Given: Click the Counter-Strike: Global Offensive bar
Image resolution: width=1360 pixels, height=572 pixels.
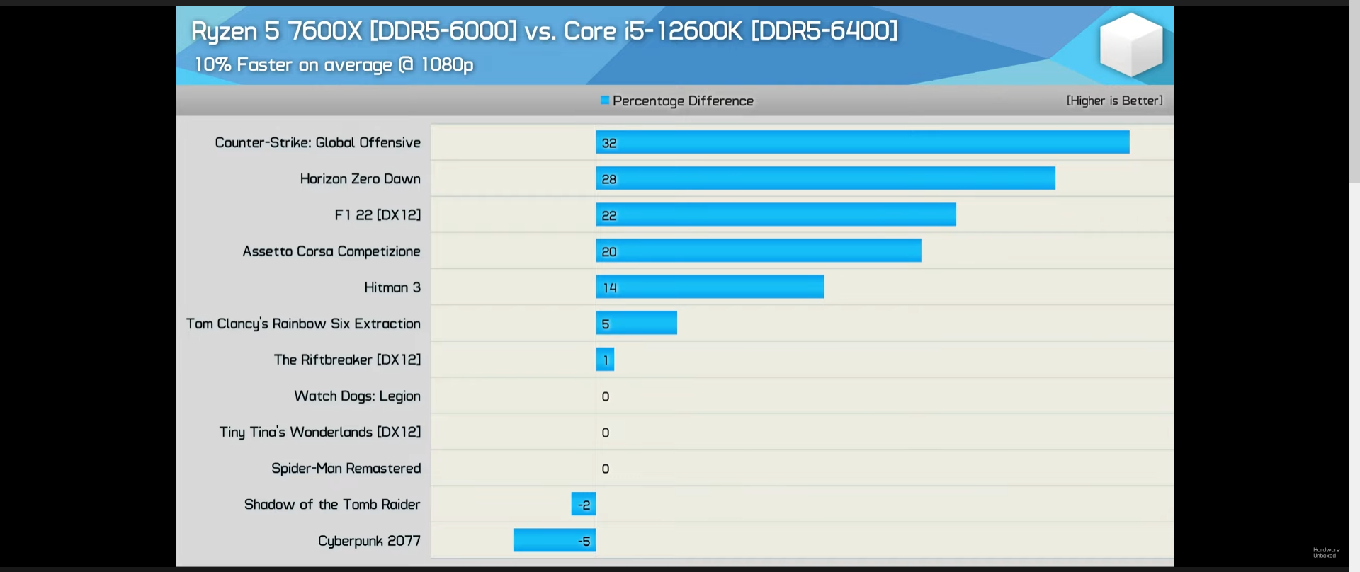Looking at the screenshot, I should (x=862, y=142).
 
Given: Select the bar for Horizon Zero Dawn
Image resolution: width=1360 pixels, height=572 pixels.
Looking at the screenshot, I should (x=825, y=178).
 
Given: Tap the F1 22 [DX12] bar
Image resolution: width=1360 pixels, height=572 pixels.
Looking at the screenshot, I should (x=776, y=214).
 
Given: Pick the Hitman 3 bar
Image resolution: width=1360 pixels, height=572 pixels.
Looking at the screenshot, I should (x=710, y=287).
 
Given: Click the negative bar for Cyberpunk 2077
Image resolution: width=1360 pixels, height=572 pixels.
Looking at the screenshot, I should (x=554, y=540).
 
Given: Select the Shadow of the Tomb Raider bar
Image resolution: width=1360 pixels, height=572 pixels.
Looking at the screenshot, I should (x=583, y=504).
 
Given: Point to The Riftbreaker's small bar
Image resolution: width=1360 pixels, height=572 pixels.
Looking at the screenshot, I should (x=605, y=360).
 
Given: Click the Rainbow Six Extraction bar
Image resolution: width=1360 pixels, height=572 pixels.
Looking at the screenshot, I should (x=636, y=323).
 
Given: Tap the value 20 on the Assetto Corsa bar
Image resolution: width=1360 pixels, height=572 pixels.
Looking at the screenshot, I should (x=609, y=251).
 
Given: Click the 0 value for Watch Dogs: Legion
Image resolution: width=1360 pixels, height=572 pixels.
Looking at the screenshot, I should (x=606, y=396).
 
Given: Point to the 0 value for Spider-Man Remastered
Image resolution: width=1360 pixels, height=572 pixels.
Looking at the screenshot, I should (x=606, y=469).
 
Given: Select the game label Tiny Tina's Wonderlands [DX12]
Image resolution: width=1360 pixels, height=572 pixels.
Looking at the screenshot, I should (x=319, y=432).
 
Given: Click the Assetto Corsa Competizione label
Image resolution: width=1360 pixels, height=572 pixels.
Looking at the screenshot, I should (x=331, y=251).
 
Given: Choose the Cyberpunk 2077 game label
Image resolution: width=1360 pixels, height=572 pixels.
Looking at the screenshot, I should (x=369, y=541).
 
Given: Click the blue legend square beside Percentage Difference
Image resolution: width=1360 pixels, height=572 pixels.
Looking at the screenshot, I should (x=605, y=101).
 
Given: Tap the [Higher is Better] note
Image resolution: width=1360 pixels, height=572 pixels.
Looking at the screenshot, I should (x=1114, y=101).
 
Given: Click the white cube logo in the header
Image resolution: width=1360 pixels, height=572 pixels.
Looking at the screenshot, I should (x=1130, y=44).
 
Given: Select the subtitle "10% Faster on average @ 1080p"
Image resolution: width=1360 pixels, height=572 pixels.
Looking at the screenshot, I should (x=334, y=64).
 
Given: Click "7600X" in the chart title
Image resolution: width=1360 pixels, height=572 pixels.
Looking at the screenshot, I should (x=325, y=31).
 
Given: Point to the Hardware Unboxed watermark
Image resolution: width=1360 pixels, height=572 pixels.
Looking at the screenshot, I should (x=1326, y=552).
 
